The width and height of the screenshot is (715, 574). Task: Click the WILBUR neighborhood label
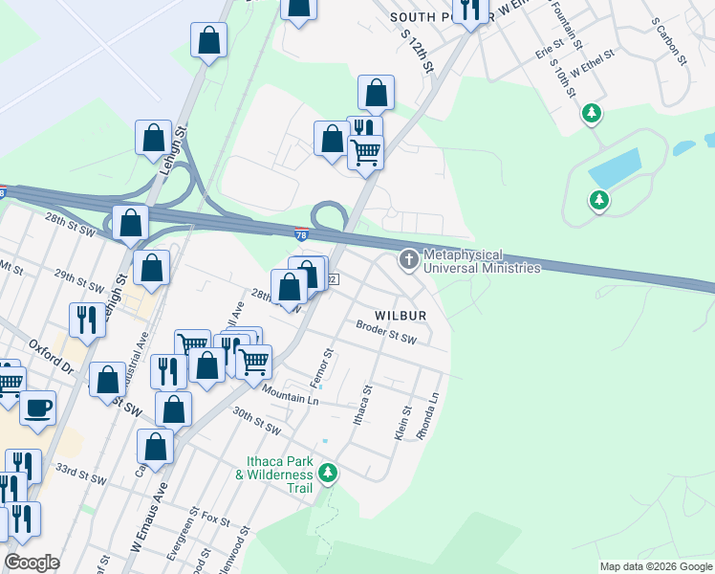pos(400,315)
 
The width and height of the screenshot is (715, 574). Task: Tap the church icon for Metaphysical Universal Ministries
pos(409,260)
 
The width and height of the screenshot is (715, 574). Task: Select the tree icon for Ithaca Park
pos(328,473)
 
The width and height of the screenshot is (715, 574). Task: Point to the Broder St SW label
pos(386,332)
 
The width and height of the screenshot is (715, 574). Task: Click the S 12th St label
pos(418,55)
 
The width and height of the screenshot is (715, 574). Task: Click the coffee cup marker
pos(38,408)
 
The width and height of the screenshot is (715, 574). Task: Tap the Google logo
pos(32,562)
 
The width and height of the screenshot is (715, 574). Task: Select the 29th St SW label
pos(77,276)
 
